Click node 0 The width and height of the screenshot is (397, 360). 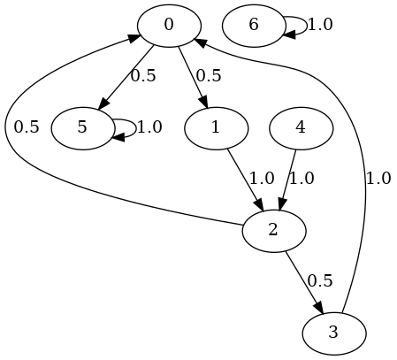169,26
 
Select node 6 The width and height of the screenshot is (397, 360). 254,26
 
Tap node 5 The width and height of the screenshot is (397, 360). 83,128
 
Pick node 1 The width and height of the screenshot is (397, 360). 216,128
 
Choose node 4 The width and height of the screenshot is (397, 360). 301,128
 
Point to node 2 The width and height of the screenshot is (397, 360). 274,231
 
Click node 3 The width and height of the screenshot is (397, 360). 334,333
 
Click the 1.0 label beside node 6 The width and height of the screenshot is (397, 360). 320,25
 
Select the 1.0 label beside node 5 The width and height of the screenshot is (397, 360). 149,127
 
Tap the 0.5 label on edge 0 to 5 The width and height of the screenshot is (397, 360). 143,76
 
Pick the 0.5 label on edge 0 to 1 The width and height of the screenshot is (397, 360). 209,76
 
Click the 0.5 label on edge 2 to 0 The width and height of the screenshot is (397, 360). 27,127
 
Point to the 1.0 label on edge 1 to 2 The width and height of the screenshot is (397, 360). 262,179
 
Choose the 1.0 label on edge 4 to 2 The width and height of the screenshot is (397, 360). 302,179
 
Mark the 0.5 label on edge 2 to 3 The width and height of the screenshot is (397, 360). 320,281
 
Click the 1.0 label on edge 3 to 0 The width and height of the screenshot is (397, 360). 378,179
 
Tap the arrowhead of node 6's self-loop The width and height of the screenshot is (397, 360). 289,34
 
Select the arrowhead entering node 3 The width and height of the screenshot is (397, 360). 319,308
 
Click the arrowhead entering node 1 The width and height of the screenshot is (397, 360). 205,103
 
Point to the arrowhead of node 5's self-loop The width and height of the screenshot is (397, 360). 118,137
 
